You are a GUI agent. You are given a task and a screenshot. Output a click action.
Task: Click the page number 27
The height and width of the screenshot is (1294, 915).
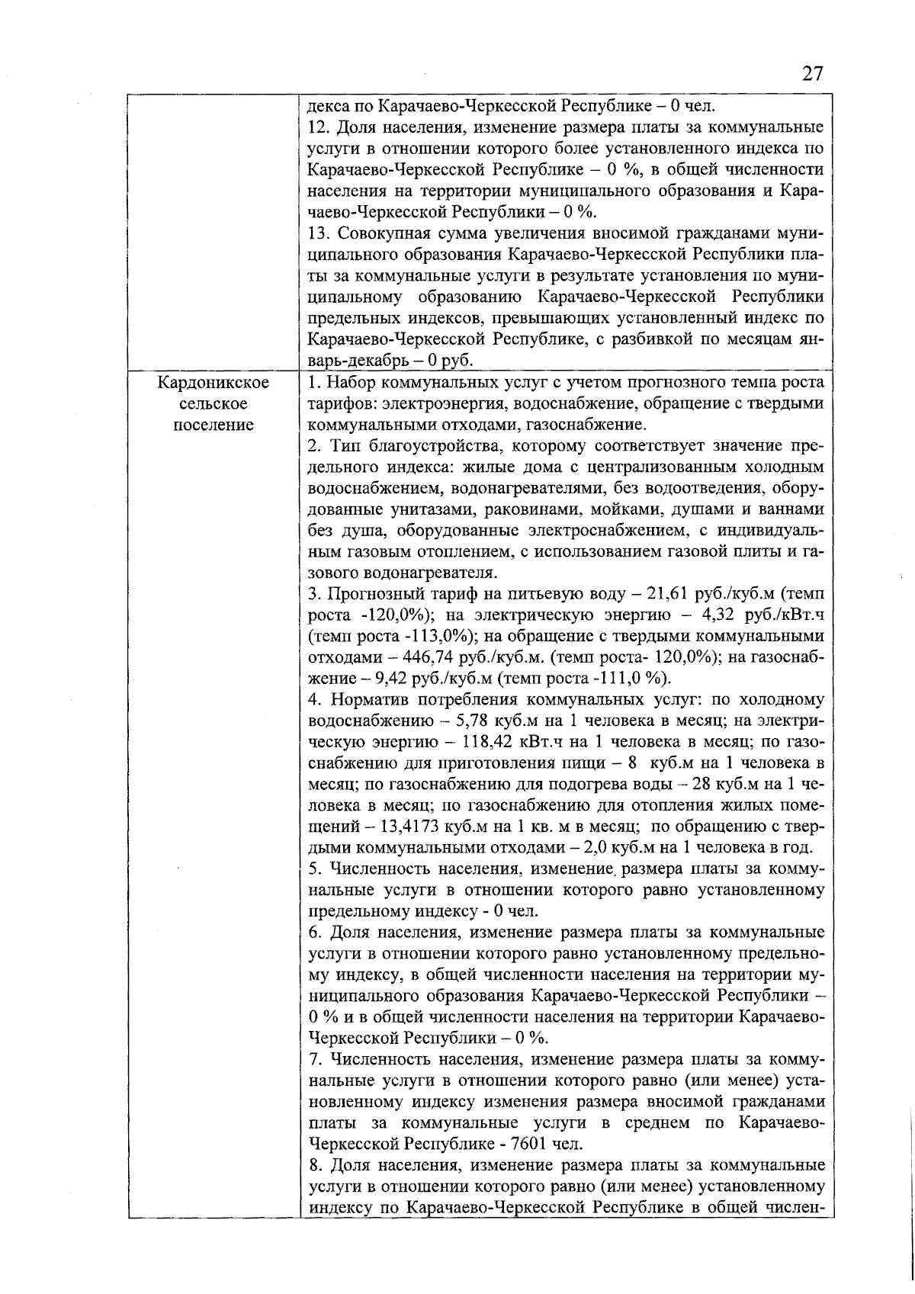(812, 74)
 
